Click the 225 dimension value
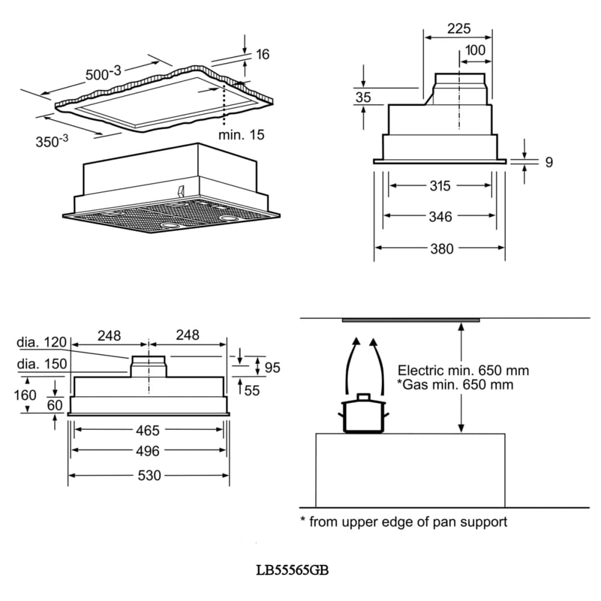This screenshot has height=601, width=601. pyautogui.click(x=459, y=28)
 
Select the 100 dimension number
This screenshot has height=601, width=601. pyautogui.click(x=475, y=50)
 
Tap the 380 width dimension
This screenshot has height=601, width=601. pyautogui.click(x=442, y=249)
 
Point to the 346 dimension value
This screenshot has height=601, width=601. pyautogui.click(x=441, y=217)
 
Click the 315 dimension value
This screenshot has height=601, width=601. pyautogui.click(x=440, y=186)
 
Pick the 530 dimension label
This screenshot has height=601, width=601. pyautogui.click(x=149, y=475)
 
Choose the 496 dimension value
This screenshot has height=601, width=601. pyautogui.click(x=148, y=451)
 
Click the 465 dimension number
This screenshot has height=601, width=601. pyautogui.click(x=148, y=431)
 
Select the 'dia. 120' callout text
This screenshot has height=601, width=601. pyautogui.click(x=42, y=342)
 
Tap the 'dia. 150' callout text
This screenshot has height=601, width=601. pyautogui.click(x=42, y=364)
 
